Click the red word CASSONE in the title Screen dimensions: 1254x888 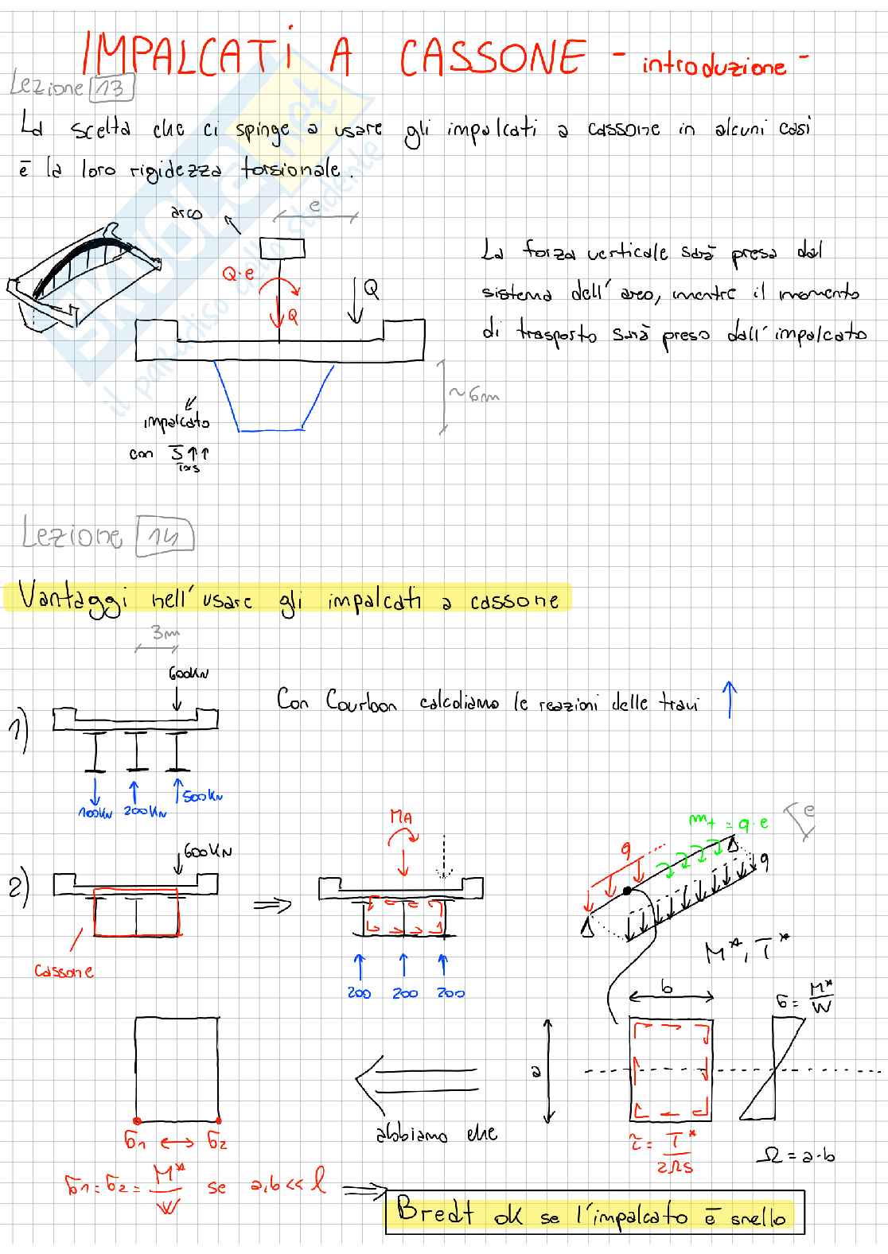tap(493, 57)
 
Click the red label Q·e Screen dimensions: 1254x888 tap(238, 274)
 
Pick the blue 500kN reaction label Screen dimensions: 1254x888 tap(203, 795)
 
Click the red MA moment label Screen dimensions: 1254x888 tap(402, 816)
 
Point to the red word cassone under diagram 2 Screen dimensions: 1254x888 tap(64, 971)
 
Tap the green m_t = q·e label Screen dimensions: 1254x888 tap(730, 824)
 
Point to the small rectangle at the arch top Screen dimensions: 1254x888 tap(282, 247)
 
